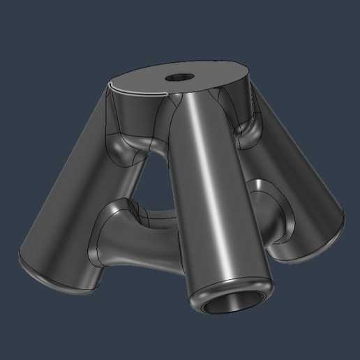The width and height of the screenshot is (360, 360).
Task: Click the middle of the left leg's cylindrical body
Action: pyautogui.click(x=77, y=195)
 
